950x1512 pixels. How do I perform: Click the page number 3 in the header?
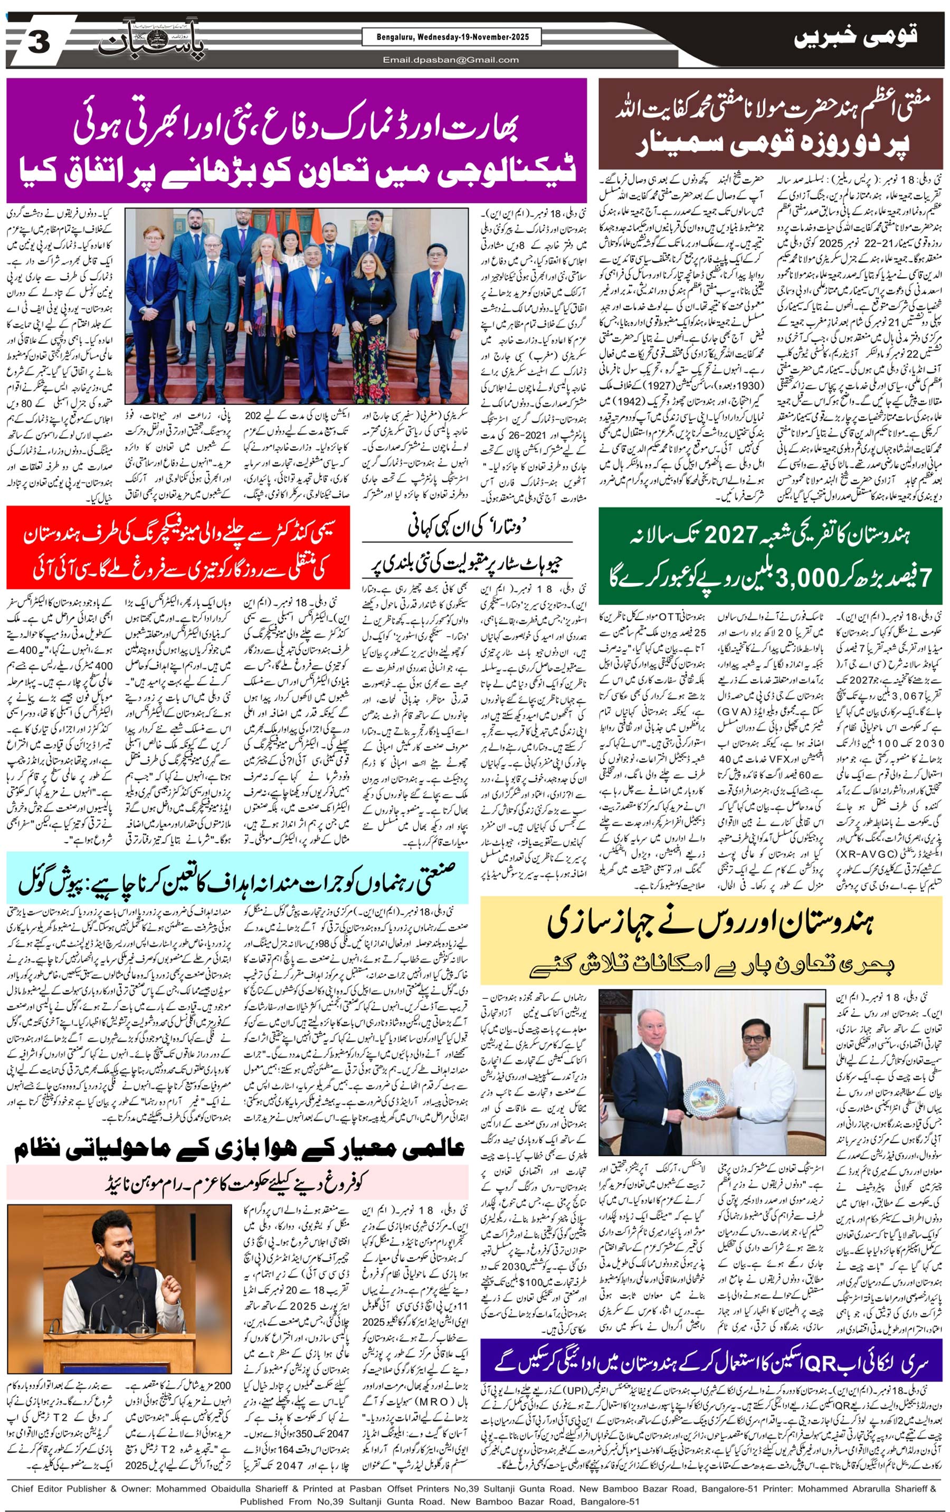39,44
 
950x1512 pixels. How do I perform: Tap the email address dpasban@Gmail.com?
451,60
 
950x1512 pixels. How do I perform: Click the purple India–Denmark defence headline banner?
297,140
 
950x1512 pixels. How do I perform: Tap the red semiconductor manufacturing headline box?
178,546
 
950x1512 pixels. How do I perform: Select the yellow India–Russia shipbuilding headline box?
711,940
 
